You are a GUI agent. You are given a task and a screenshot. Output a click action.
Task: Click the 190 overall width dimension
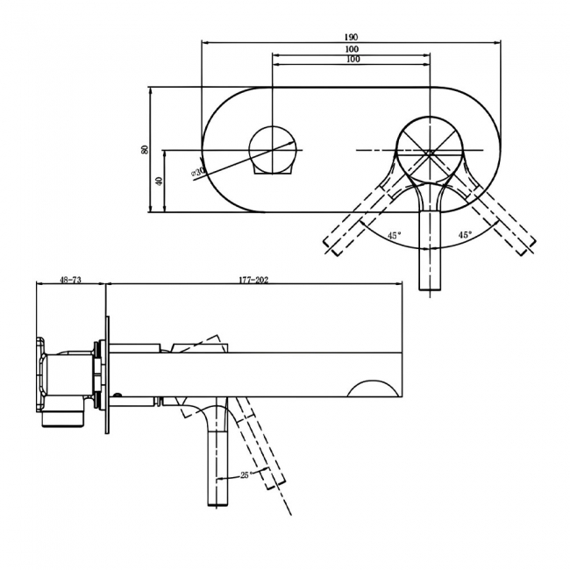(x=352, y=38)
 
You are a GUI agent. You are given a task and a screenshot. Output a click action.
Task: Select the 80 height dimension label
(x=145, y=150)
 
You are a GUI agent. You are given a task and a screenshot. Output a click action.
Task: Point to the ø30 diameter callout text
(x=199, y=172)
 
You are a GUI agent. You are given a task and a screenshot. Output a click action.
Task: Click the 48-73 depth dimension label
(x=70, y=280)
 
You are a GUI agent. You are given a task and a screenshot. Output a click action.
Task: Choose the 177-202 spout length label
(x=253, y=280)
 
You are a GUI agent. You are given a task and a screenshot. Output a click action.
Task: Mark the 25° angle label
(x=247, y=474)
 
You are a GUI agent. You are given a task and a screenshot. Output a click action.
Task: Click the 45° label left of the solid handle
(x=394, y=235)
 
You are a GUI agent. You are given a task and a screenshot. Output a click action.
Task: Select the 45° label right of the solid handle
(x=465, y=235)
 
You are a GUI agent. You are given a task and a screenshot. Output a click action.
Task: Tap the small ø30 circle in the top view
(x=274, y=150)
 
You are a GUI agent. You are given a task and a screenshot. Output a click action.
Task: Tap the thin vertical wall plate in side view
(x=108, y=373)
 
